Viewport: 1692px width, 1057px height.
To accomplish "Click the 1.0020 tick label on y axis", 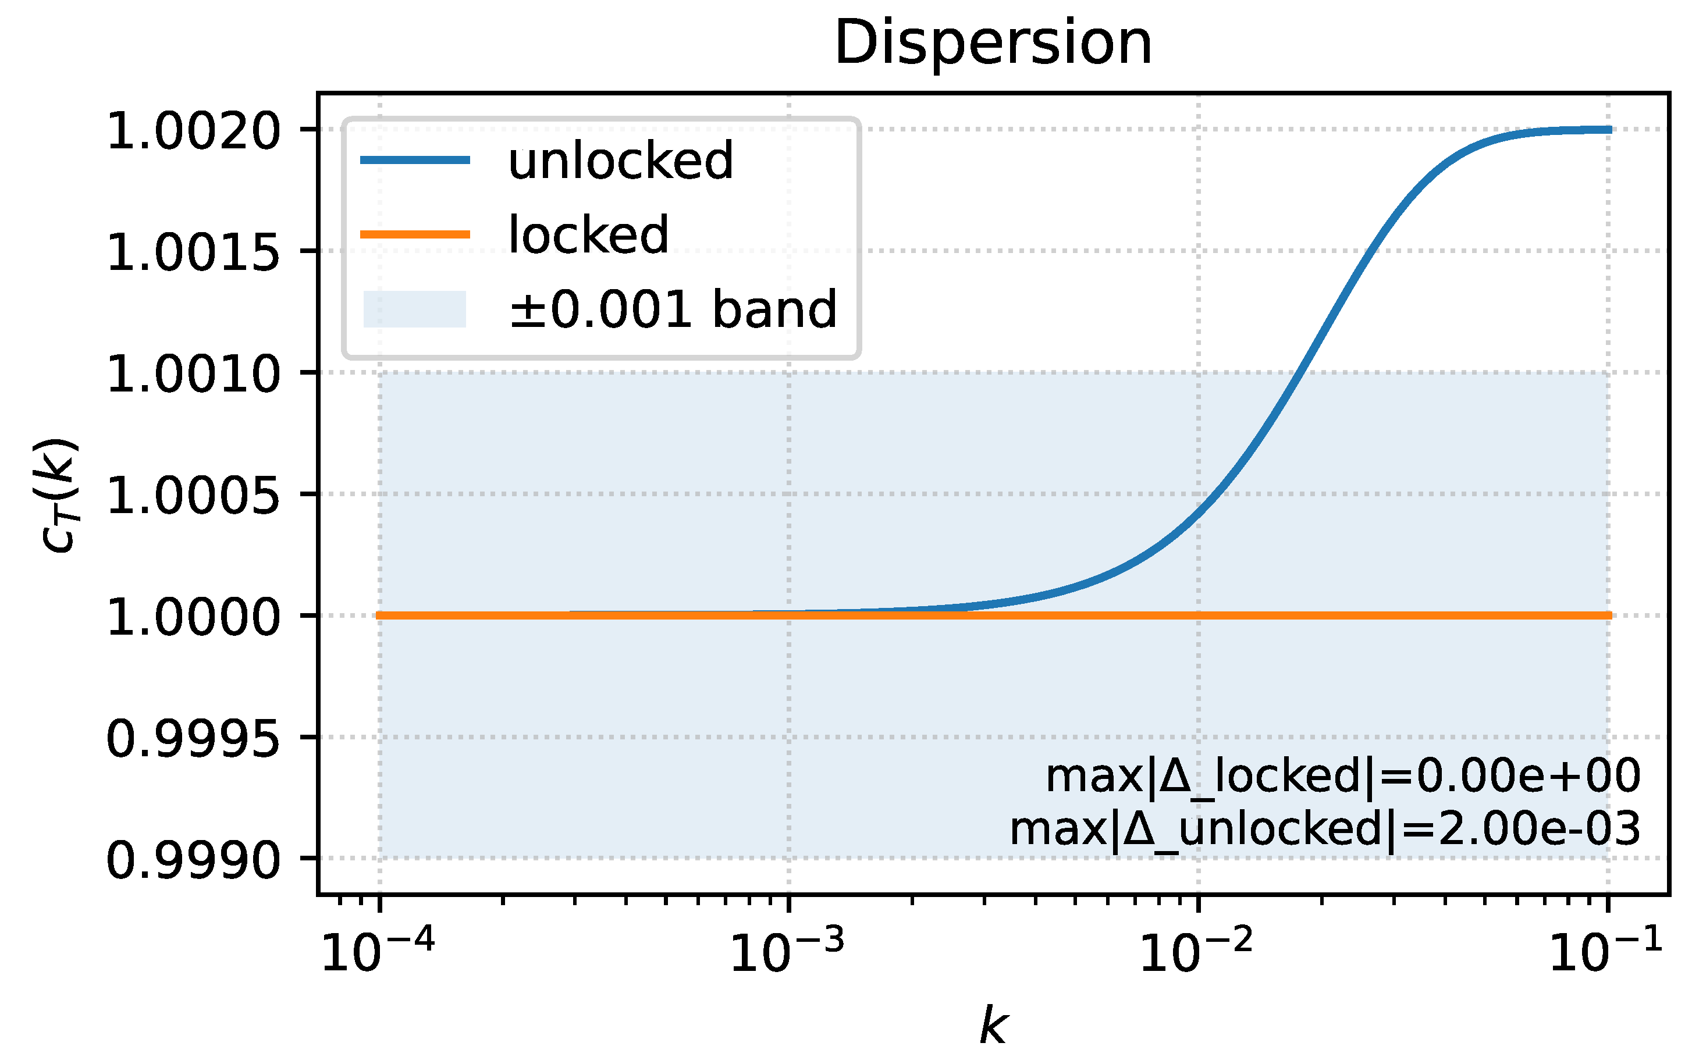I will [x=193, y=131].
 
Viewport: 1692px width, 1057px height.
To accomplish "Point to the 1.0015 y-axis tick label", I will [x=193, y=252].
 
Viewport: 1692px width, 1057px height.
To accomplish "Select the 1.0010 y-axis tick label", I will [x=193, y=374].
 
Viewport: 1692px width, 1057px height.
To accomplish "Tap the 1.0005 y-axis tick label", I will [x=193, y=496].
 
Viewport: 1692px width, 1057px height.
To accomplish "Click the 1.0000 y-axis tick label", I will [x=193, y=617].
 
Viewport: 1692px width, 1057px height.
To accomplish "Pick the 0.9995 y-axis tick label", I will [x=193, y=739].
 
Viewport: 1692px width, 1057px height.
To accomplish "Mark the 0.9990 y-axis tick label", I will [x=193, y=860].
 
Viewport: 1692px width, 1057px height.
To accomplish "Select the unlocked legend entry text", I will [x=621, y=161].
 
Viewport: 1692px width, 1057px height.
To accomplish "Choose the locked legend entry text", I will [x=589, y=234].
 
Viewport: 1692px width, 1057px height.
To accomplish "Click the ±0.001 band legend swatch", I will [x=415, y=308].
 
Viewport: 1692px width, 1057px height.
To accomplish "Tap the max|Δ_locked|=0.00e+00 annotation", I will [x=1342, y=776].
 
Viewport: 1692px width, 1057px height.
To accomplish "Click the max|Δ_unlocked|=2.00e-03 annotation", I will [x=1325, y=830].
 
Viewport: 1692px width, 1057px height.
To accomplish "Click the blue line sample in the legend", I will [x=415, y=160].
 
